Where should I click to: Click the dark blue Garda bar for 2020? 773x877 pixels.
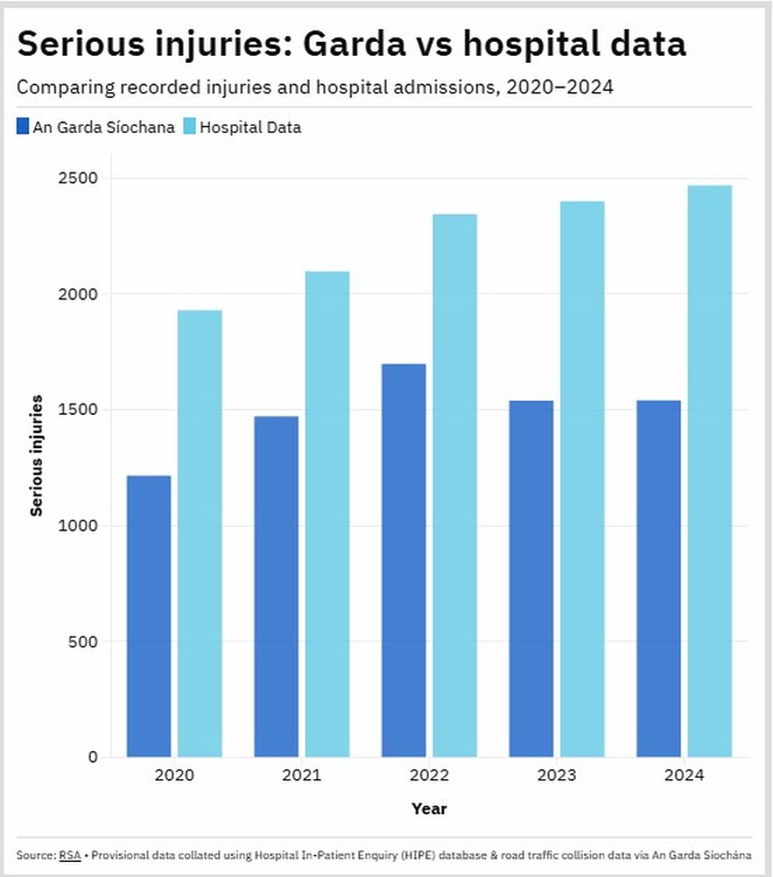[x=149, y=616]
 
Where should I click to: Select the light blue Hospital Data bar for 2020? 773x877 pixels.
[x=200, y=533]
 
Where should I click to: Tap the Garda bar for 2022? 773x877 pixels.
[x=403, y=560]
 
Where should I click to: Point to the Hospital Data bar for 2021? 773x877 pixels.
[x=327, y=514]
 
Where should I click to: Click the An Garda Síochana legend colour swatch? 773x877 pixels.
[x=23, y=127]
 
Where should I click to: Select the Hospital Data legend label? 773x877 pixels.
[x=250, y=127]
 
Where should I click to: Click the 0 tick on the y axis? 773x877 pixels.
[x=93, y=757]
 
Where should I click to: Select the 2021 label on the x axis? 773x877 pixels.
[x=301, y=776]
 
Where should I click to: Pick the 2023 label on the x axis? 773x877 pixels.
[x=557, y=776]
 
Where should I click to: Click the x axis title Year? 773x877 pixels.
[x=429, y=809]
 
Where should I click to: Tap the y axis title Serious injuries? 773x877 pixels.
[x=36, y=456]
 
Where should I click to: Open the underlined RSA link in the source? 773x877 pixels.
[x=69, y=855]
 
